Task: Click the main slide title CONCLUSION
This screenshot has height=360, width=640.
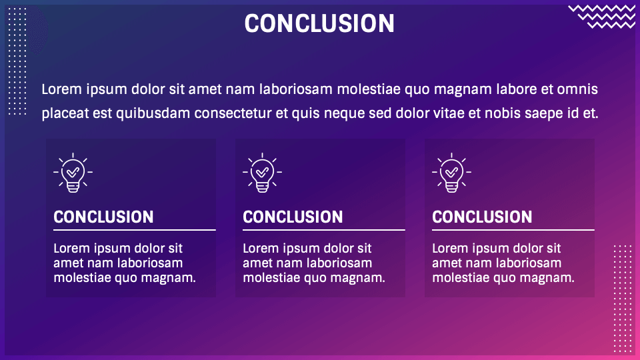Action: (319, 23)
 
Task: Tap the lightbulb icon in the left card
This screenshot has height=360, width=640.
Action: (73, 173)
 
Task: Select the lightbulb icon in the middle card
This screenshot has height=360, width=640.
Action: (263, 173)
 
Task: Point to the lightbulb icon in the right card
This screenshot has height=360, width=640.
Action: (452, 173)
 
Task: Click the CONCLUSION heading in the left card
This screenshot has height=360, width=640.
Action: (104, 217)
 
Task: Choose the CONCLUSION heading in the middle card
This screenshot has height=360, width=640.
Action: (293, 217)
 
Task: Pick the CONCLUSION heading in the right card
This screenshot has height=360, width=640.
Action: (483, 217)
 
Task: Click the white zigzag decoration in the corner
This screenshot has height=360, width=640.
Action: (602, 17)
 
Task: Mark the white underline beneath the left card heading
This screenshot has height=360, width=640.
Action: (135, 230)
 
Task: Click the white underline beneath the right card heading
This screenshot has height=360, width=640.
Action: (513, 230)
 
